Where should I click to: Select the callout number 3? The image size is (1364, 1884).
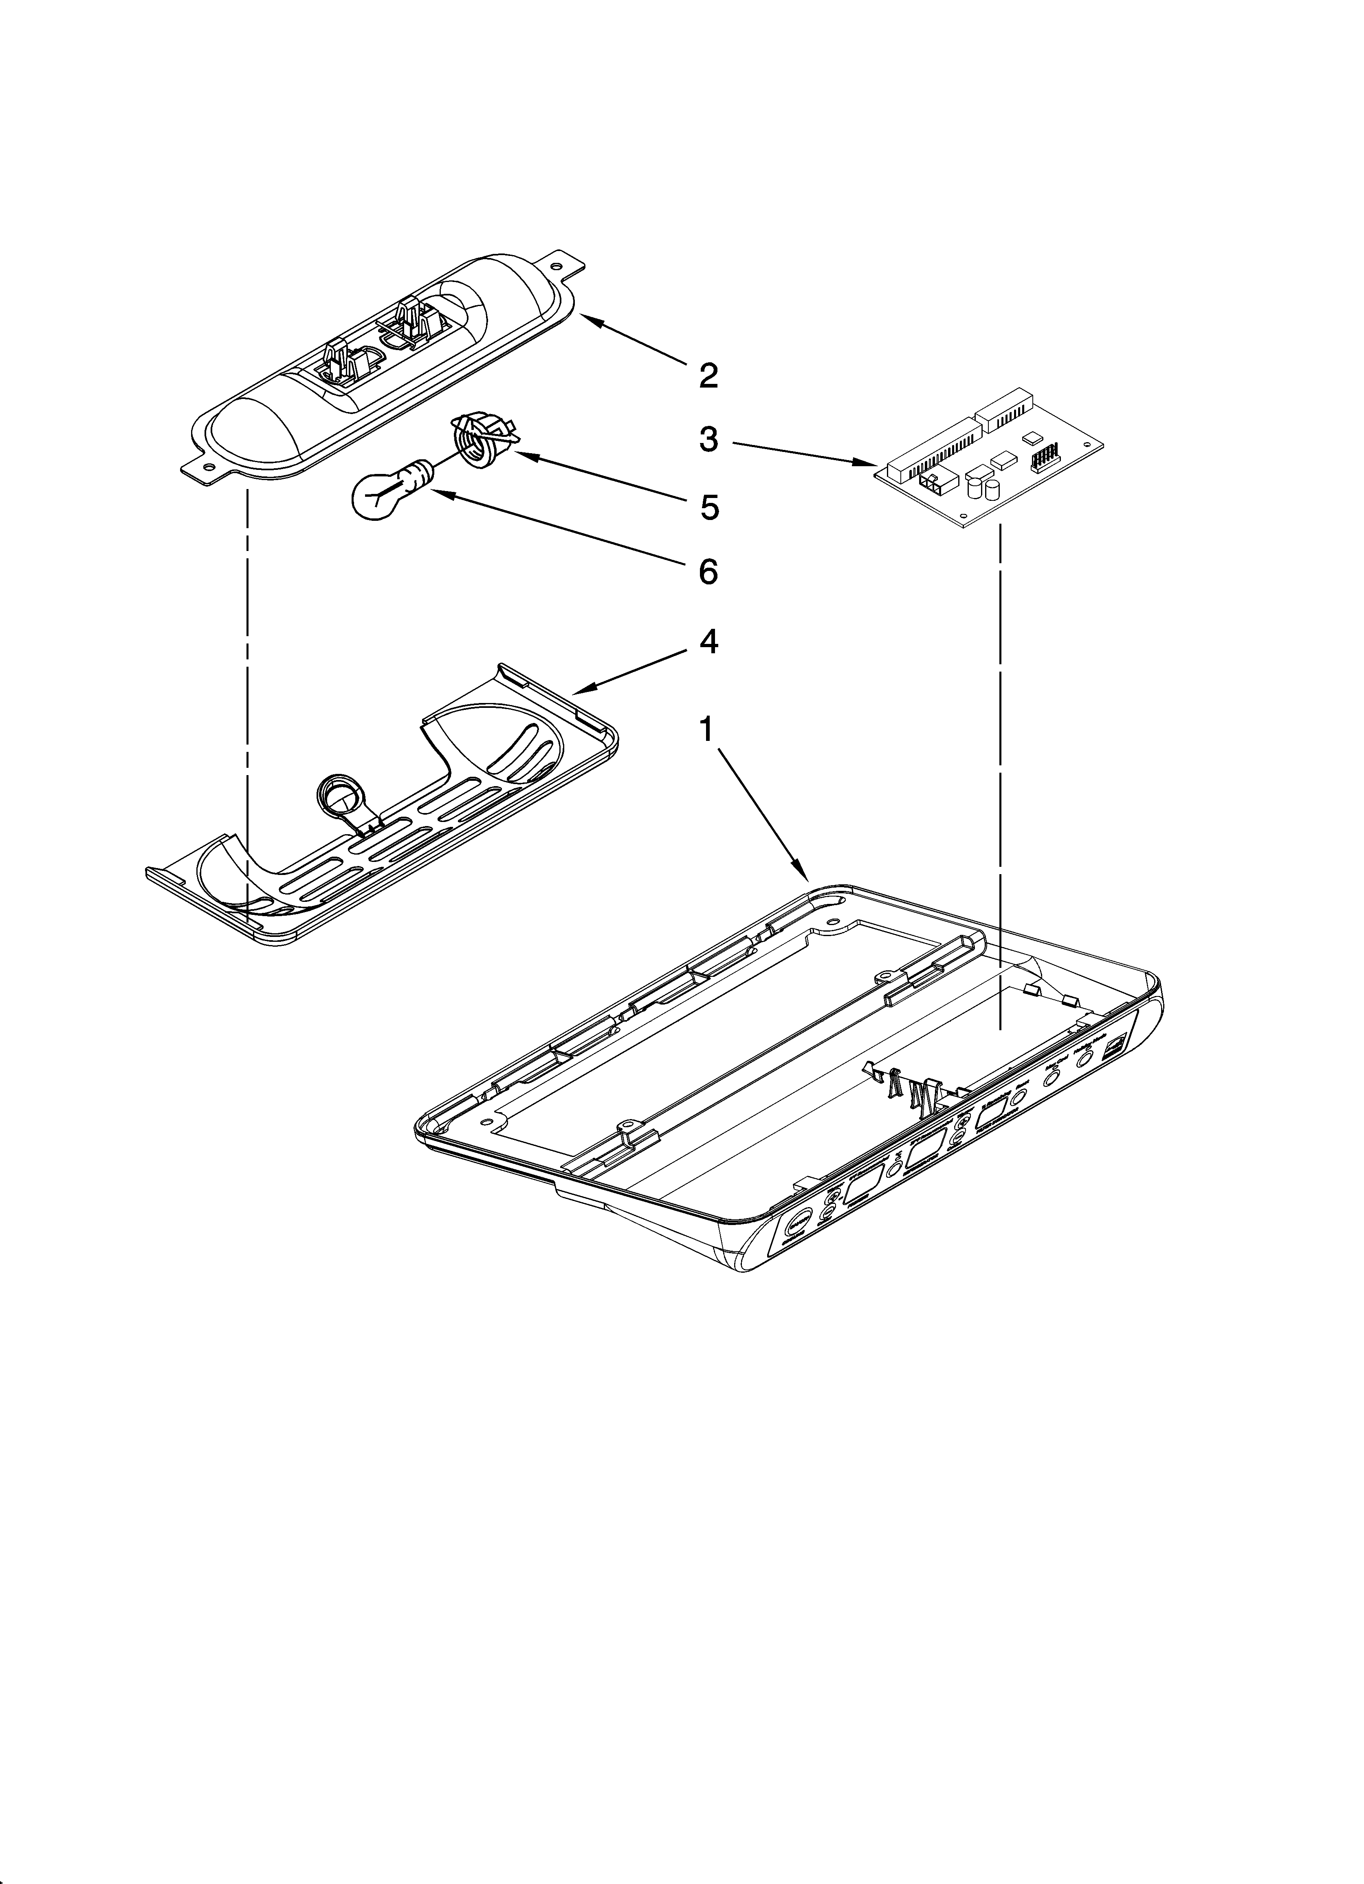(708, 438)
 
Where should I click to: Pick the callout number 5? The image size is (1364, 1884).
(708, 507)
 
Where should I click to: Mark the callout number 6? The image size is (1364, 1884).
(708, 571)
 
